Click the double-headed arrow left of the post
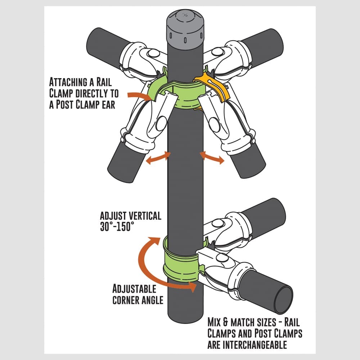(158, 158)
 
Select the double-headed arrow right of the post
(212, 158)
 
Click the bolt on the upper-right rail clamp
(217, 52)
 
